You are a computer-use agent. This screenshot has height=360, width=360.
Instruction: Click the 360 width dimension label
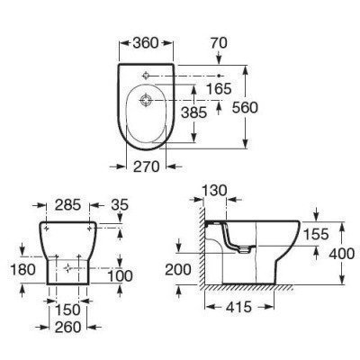coord(146,43)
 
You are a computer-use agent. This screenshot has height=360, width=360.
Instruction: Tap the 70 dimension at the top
coord(219,43)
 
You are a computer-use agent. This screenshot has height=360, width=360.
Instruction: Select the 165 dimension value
coord(219,89)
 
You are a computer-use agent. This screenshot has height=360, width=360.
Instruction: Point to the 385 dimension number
coord(194,112)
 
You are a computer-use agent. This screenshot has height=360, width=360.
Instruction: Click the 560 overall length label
coord(245,108)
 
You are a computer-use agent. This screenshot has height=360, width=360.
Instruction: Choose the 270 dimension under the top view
coord(146,166)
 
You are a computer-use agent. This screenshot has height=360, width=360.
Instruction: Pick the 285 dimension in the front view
coord(68,205)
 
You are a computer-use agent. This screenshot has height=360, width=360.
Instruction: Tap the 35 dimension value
coord(120,205)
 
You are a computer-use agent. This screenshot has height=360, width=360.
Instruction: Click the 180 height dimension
coord(22,269)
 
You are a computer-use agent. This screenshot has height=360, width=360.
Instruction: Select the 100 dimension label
coord(120,276)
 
